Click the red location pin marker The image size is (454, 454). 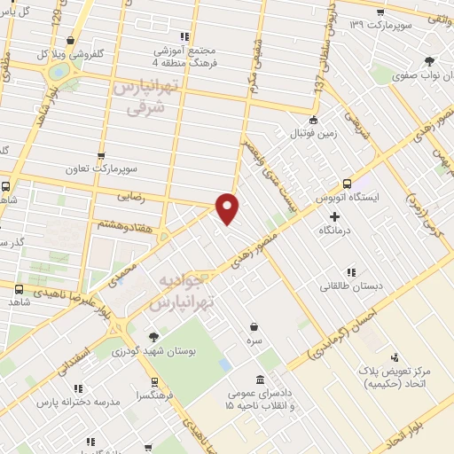point(228,208)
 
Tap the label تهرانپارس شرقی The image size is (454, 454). point(142,98)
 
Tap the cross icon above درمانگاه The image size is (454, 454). point(333,216)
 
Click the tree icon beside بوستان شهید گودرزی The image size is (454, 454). point(154,336)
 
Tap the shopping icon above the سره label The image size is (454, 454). point(254,326)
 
